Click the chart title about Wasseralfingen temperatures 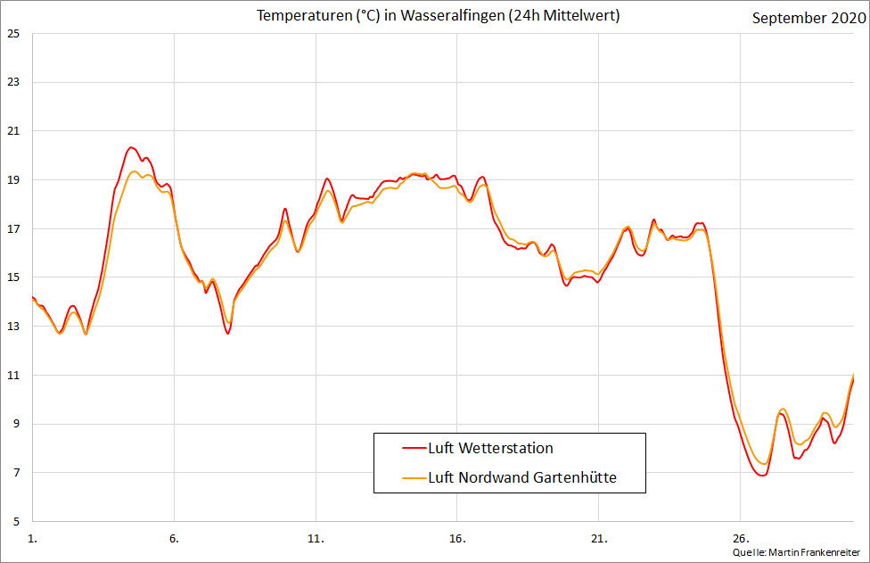pyautogui.click(x=438, y=16)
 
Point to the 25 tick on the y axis pyautogui.click(x=12, y=34)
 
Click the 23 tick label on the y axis pyautogui.click(x=12, y=83)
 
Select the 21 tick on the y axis pyautogui.click(x=12, y=131)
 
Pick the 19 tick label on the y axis pyautogui.click(x=12, y=180)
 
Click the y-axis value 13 pyautogui.click(x=12, y=327)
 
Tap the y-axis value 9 pyautogui.click(x=12, y=424)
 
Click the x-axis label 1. pyautogui.click(x=33, y=539)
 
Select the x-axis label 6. pyautogui.click(x=174, y=539)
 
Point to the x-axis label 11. pyautogui.click(x=316, y=539)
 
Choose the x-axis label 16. pyautogui.click(x=457, y=539)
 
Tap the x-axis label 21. pyautogui.click(x=598, y=539)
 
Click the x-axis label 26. pyautogui.click(x=740, y=539)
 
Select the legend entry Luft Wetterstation pyautogui.click(x=490, y=448)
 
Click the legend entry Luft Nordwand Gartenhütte pyautogui.click(x=522, y=477)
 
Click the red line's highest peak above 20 pyautogui.click(x=131, y=147)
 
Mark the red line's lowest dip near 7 pyautogui.click(x=761, y=476)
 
